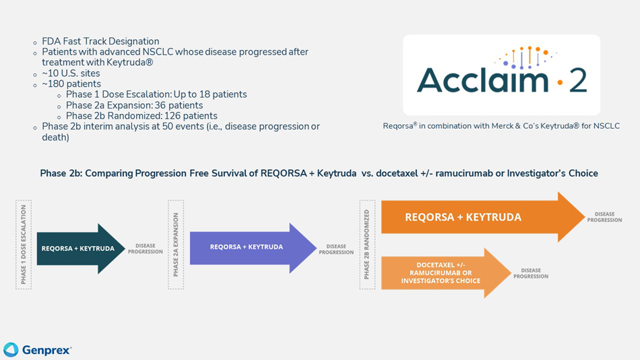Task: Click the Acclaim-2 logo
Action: point(501,74)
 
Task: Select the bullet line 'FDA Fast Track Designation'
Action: point(100,41)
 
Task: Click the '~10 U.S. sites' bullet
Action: point(71,73)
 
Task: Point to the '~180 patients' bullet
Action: point(71,84)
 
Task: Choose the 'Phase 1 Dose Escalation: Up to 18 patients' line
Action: point(156,94)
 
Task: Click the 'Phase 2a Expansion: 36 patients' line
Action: point(134,105)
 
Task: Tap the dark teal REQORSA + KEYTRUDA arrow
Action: point(80,248)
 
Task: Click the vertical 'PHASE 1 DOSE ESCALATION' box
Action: point(24,245)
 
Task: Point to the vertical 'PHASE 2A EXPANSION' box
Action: point(176,245)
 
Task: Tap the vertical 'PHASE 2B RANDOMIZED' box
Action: point(367,244)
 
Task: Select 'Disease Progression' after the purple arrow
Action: point(336,249)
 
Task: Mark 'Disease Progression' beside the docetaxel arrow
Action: point(531,273)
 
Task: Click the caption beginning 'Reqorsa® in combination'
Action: point(501,126)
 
